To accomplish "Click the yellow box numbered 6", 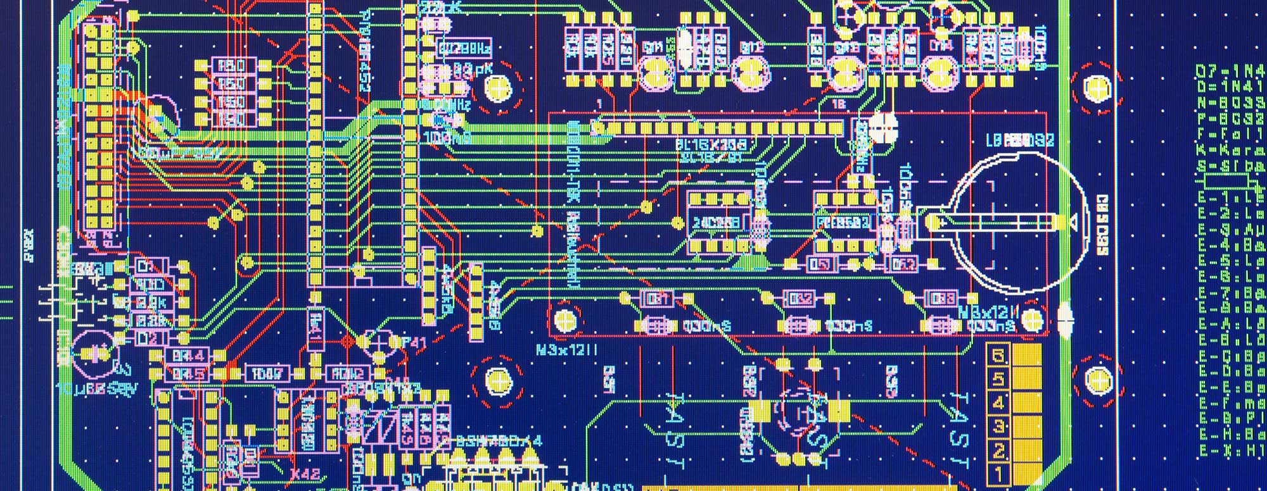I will pos(998,356).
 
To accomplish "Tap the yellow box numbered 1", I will pos(998,473).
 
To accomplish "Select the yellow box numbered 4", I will pos(998,402).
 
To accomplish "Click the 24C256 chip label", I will pos(716,223).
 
